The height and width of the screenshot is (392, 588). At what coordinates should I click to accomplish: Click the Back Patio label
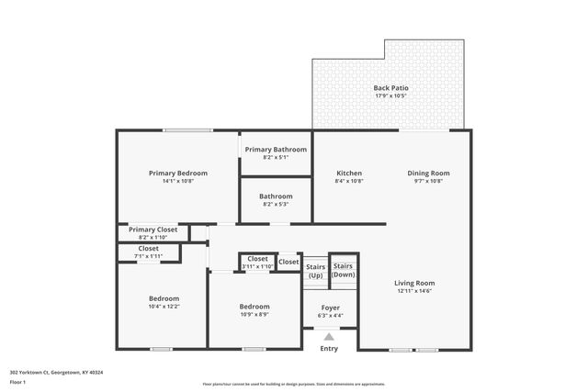pyautogui.click(x=391, y=88)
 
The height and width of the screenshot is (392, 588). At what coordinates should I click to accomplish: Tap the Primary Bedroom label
pyautogui.click(x=178, y=173)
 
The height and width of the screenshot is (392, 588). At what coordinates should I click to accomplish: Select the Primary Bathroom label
pyautogui.click(x=276, y=149)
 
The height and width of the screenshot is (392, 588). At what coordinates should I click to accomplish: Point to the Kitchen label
pyautogui.click(x=349, y=173)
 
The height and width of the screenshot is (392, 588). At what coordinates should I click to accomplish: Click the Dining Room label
pyautogui.click(x=428, y=173)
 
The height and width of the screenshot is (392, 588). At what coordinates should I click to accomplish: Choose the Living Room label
pyautogui.click(x=414, y=283)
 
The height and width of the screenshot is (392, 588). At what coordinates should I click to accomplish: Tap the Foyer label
pyautogui.click(x=331, y=308)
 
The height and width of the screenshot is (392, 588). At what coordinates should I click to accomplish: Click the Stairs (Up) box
pyautogui.click(x=315, y=271)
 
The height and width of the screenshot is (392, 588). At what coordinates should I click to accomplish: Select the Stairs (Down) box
pyautogui.click(x=343, y=271)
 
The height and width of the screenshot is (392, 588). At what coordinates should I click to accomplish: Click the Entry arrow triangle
pyautogui.click(x=329, y=337)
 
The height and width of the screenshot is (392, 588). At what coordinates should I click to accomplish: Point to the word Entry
pyautogui.click(x=329, y=349)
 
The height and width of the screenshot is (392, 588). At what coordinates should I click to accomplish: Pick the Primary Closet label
pyautogui.click(x=153, y=230)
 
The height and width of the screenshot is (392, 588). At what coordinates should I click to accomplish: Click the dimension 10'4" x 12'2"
pyautogui.click(x=164, y=308)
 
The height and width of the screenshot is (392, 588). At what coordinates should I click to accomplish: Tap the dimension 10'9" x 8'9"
pyautogui.click(x=254, y=315)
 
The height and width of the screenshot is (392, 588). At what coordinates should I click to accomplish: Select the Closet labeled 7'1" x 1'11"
pyautogui.click(x=148, y=256)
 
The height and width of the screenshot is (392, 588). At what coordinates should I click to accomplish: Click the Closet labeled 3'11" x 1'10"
pyautogui.click(x=257, y=266)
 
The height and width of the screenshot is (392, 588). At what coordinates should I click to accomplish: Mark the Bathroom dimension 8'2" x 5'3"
pyautogui.click(x=276, y=204)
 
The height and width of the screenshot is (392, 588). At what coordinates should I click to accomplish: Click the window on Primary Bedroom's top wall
pyautogui.click(x=188, y=130)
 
